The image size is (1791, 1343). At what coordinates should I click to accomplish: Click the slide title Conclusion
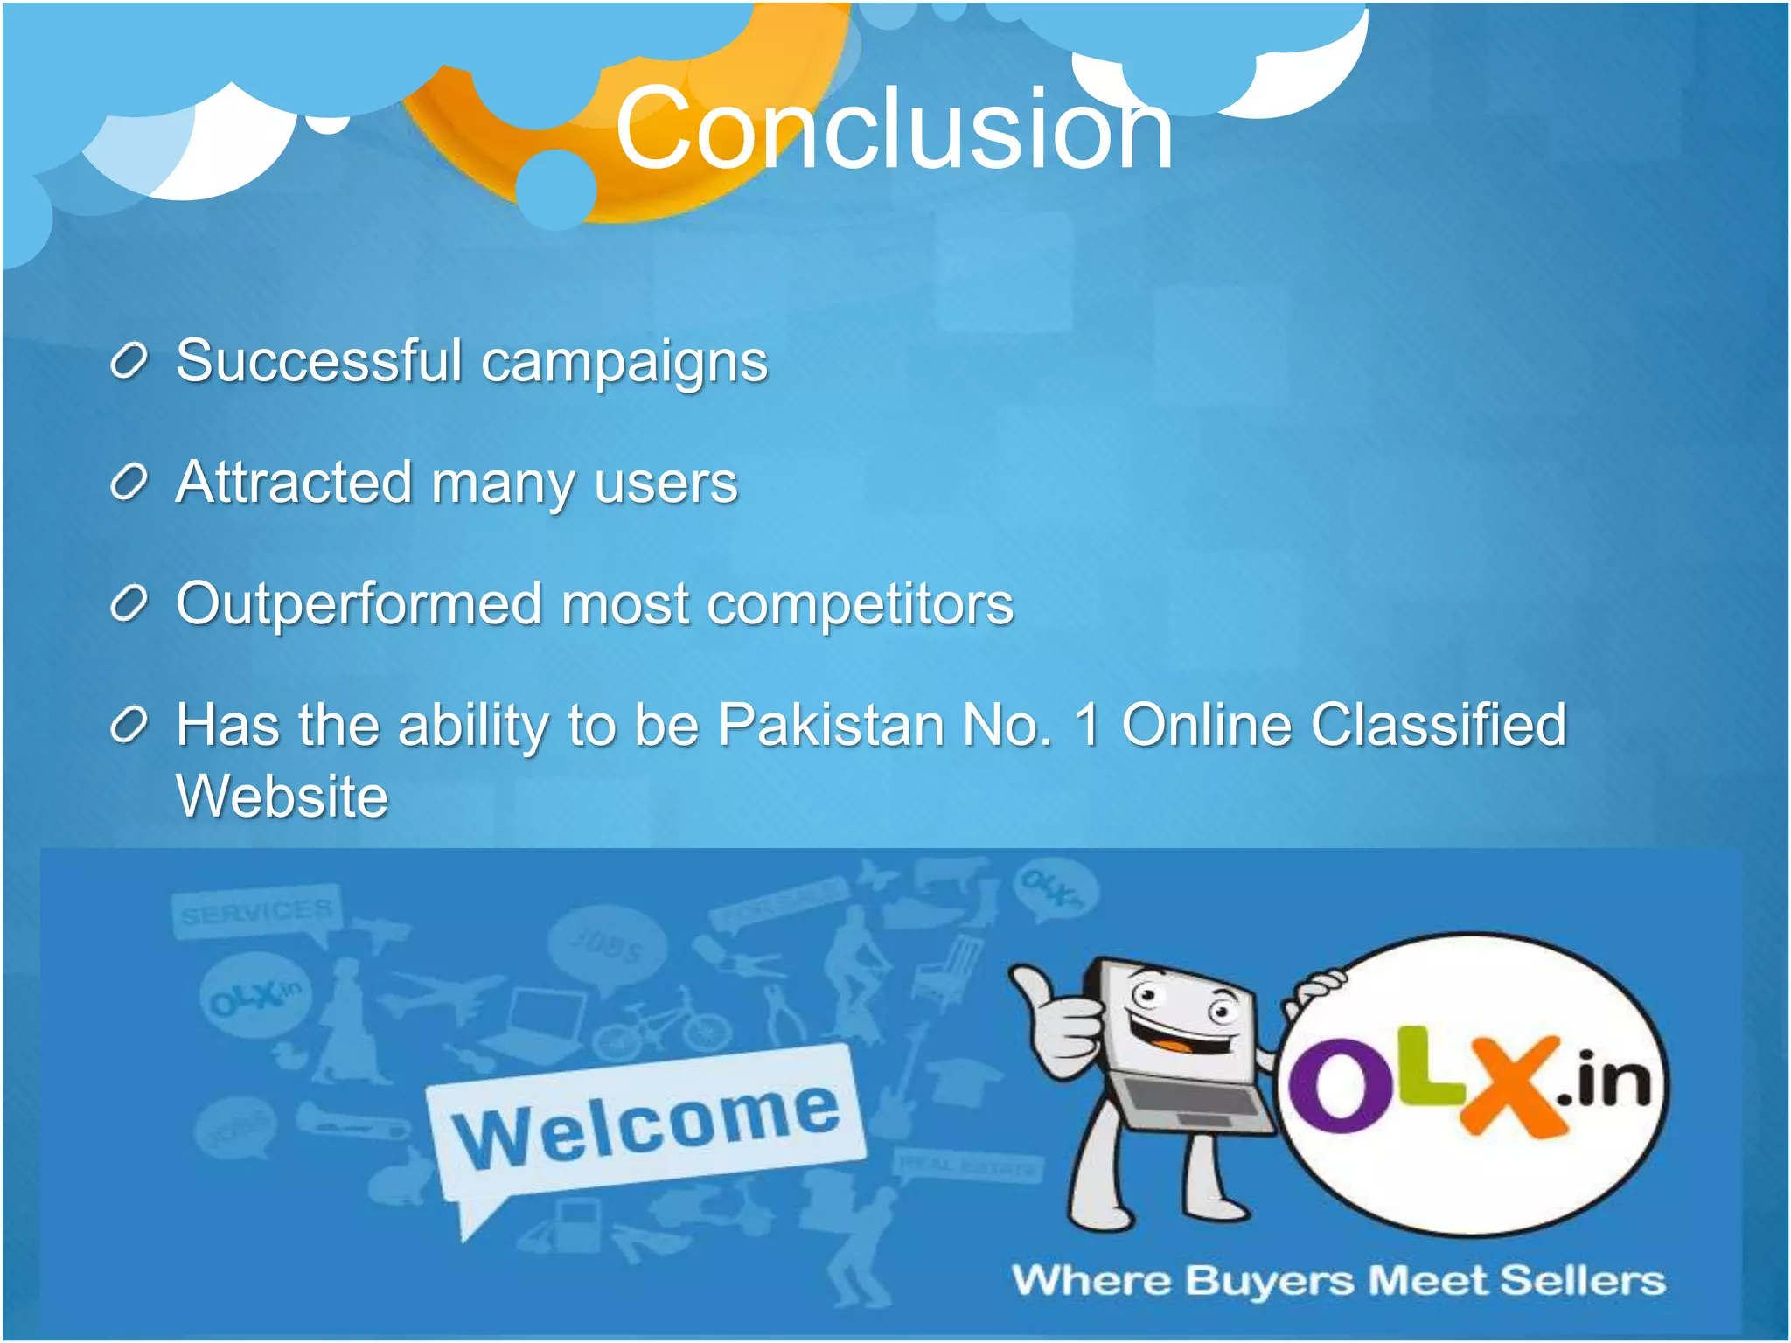(894, 129)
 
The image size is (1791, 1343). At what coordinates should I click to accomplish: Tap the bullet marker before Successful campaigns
(129, 362)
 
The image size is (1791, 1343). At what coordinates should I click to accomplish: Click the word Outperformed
(359, 603)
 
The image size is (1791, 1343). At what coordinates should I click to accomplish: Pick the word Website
(282, 796)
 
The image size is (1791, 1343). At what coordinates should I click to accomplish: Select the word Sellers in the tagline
(1582, 1281)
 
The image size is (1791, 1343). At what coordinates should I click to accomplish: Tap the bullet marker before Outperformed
(129, 604)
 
